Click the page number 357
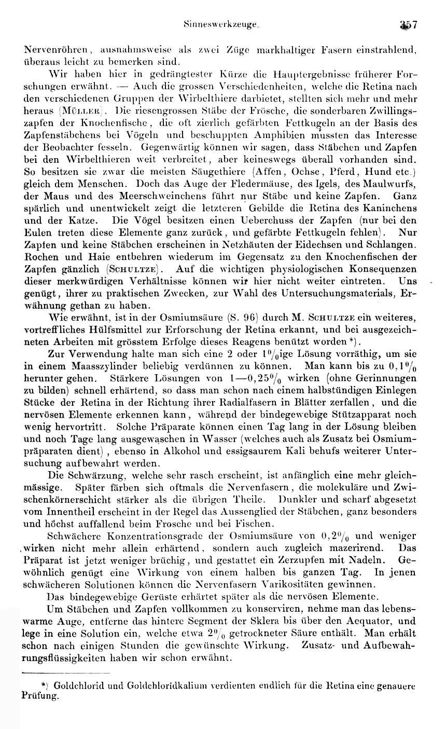click(412, 24)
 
